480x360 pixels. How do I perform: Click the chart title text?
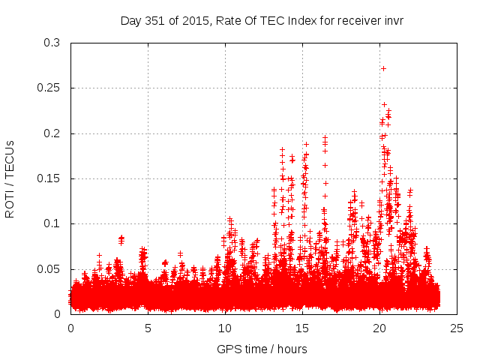[262, 21]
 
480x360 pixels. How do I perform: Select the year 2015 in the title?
[193, 21]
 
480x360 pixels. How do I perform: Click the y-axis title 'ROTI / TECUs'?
[10, 178]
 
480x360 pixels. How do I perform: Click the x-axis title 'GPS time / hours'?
[262, 349]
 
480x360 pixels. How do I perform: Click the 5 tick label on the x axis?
[148, 328]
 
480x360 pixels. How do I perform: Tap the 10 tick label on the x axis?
[225, 328]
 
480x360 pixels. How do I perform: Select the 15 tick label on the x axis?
[302, 328]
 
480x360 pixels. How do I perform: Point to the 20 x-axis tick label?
[380, 328]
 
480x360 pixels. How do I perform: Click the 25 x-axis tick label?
[457, 328]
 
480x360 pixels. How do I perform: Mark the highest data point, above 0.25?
[383, 68]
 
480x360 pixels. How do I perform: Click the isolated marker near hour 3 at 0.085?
[121, 238]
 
